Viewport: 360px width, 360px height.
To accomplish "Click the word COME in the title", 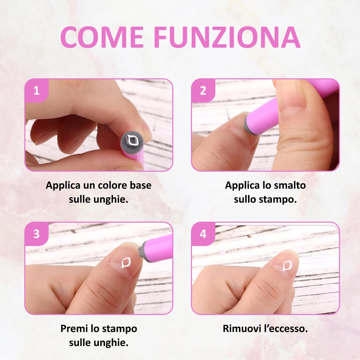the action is [x=102, y=37].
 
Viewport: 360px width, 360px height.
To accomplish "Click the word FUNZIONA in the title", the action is [x=227, y=37].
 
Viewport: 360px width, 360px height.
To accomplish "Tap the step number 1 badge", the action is [x=37, y=91].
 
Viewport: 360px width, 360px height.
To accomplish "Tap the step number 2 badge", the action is [x=203, y=91].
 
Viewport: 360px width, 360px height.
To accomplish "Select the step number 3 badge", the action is [x=37, y=234].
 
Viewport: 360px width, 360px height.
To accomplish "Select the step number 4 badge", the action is [x=203, y=234].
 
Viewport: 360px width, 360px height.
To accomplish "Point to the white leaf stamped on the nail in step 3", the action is [x=126, y=262].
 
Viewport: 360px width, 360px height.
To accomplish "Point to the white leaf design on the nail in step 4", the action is [x=287, y=266].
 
